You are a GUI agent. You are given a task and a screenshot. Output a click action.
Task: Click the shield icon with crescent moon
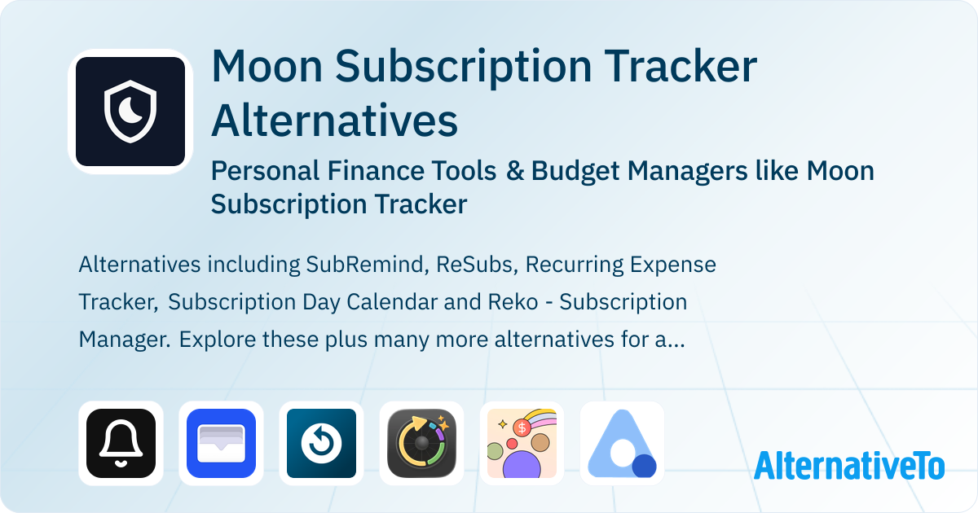130,112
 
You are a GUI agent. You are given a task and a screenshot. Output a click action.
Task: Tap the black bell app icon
121,443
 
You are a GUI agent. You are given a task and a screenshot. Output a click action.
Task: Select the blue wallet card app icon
221,443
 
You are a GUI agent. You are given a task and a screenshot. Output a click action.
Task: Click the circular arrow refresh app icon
321,443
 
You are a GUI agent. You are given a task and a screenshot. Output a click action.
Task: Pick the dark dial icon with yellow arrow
422,443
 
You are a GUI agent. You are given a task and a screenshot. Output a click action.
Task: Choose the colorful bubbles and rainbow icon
522,443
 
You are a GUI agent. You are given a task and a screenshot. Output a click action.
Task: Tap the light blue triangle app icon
622,443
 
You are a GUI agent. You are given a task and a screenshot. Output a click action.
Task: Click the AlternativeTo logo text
849,465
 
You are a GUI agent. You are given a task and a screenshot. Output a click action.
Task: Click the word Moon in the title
267,66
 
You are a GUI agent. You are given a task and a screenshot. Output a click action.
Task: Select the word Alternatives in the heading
335,120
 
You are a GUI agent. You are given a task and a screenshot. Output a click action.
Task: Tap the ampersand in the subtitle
515,170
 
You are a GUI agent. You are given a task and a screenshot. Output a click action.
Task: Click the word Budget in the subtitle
575,170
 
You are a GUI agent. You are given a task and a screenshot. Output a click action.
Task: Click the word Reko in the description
513,302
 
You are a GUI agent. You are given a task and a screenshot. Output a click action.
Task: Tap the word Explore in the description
218,340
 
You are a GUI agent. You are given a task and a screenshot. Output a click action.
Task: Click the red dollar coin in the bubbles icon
522,428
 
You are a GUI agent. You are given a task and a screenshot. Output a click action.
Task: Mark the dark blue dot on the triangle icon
644,466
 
